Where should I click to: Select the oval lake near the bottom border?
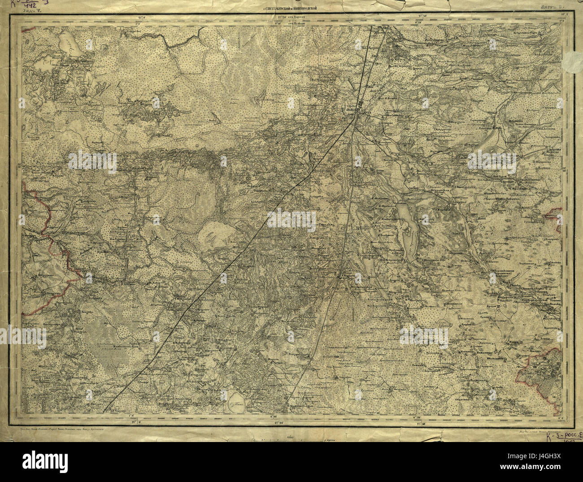pos(237,398)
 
